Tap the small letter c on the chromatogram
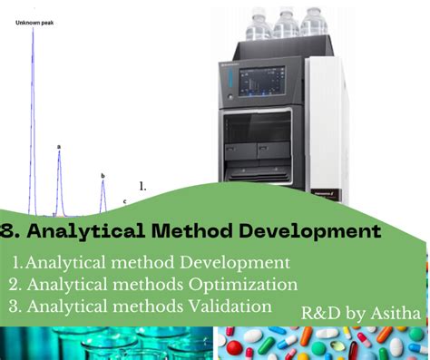click(x=124, y=200)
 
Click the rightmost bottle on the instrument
click(x=315, y=21)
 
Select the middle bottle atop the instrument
click(x=287, y=20)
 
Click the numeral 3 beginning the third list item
click(x=15, y=306)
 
